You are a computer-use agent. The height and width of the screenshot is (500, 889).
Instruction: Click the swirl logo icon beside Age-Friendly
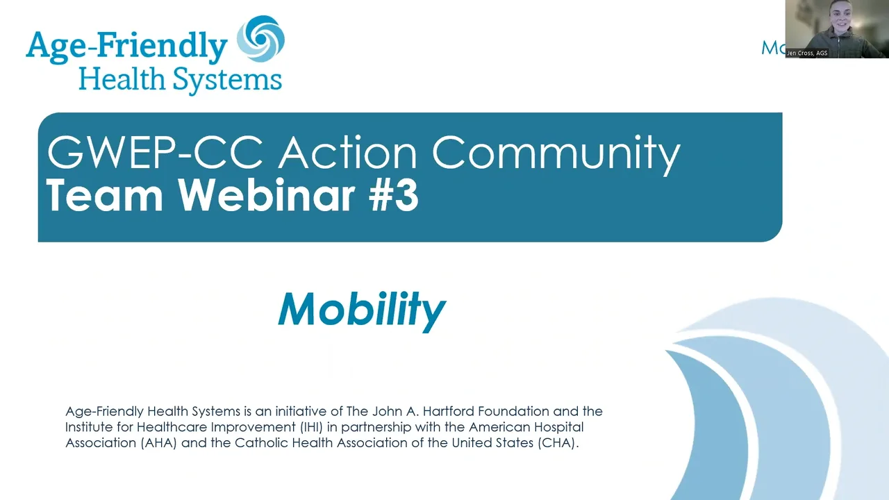[x=260, y=39]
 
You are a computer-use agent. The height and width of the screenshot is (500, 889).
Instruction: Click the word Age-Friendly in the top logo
[x=126, y=47]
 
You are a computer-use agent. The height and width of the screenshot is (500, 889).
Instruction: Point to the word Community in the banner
[x=556, y=155]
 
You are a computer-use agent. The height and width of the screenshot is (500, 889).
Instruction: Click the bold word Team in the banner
[x=104, y=196]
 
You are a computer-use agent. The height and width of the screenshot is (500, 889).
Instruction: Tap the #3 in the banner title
[x=393, y=196]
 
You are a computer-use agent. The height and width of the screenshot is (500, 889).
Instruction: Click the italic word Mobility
[x=362, y=310]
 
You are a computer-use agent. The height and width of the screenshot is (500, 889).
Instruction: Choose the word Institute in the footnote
[x=89, y=427]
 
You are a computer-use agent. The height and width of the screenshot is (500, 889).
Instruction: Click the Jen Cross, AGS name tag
[x=807, y=53]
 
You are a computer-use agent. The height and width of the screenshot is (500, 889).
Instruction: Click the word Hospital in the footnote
[x=559, y=427]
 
